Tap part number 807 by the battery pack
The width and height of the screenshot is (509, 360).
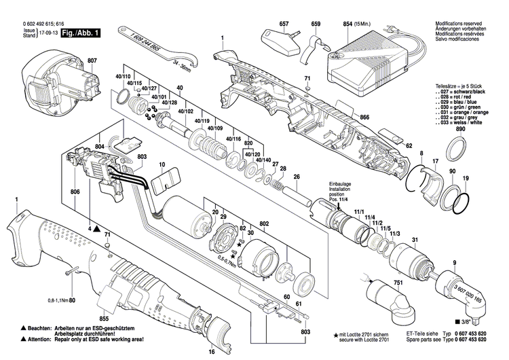point(92,61)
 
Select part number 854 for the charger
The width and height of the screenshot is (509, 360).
point(347,24)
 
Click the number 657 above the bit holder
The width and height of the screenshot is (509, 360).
point(284,24)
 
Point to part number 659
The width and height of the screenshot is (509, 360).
point(316,24)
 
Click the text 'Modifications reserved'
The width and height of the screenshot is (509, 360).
point(461,23)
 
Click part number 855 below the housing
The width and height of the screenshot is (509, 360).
point(105,318)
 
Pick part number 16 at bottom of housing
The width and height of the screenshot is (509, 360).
point(211,352)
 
